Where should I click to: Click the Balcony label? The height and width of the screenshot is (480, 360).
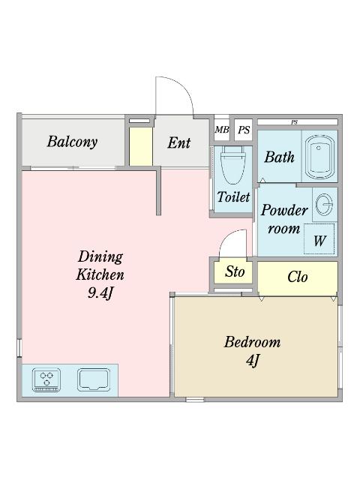pyautogui.click(x=72, y=142)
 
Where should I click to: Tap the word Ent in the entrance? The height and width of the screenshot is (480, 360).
pyautogui.click(x=178, y=142)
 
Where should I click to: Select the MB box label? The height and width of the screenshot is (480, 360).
pyautogui.click(x=222, y=130)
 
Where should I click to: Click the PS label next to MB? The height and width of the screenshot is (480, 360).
pyautogui.click(x=244, y=130)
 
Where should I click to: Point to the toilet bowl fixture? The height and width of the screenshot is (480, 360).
pyautogui.click(x=233, y=165)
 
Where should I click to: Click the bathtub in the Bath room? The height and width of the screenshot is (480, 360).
pyautogui.click(x=320, y=157)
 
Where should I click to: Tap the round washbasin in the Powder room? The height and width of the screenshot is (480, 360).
pyautogui.click(x=324, y=205)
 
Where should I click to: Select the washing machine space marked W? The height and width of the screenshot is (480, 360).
pyautogui.click(x=319, y=238)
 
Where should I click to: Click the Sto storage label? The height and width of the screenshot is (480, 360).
pyautogui.click(x=235, y=271)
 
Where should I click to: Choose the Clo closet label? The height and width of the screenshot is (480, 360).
pyautogui.click(x=297, y=277)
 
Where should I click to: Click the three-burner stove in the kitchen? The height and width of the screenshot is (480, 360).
pyautogui.click(x=46, y=379)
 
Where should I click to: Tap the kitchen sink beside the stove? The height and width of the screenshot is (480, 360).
pyautogui.click(x=94, y=379)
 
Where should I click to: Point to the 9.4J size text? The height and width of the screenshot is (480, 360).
pyautogui.click(x=100, y=293)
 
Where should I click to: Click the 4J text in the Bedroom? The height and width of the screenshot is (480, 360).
pyautogui.click(x=253, y=361)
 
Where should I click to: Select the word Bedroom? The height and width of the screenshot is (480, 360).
pyautogui.click(x=252, y=342)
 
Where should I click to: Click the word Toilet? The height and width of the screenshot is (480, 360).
pyautogui.click(x=233, y=196)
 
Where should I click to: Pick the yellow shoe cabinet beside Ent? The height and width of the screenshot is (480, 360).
pyautogui.click(x=141, y=147)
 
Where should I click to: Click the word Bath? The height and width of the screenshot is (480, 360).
pyautogui.click(x=279, y=157)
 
